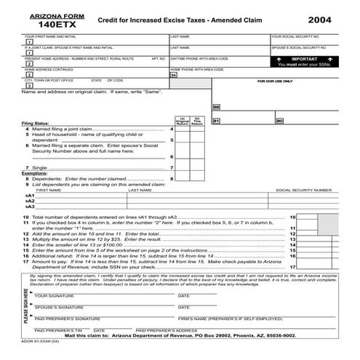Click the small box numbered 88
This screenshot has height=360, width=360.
click(x=216, y=107)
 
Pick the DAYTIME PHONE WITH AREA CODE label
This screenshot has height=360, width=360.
click(x=199, y=58)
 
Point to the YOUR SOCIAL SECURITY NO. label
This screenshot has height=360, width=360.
click(x=295, y=36)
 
